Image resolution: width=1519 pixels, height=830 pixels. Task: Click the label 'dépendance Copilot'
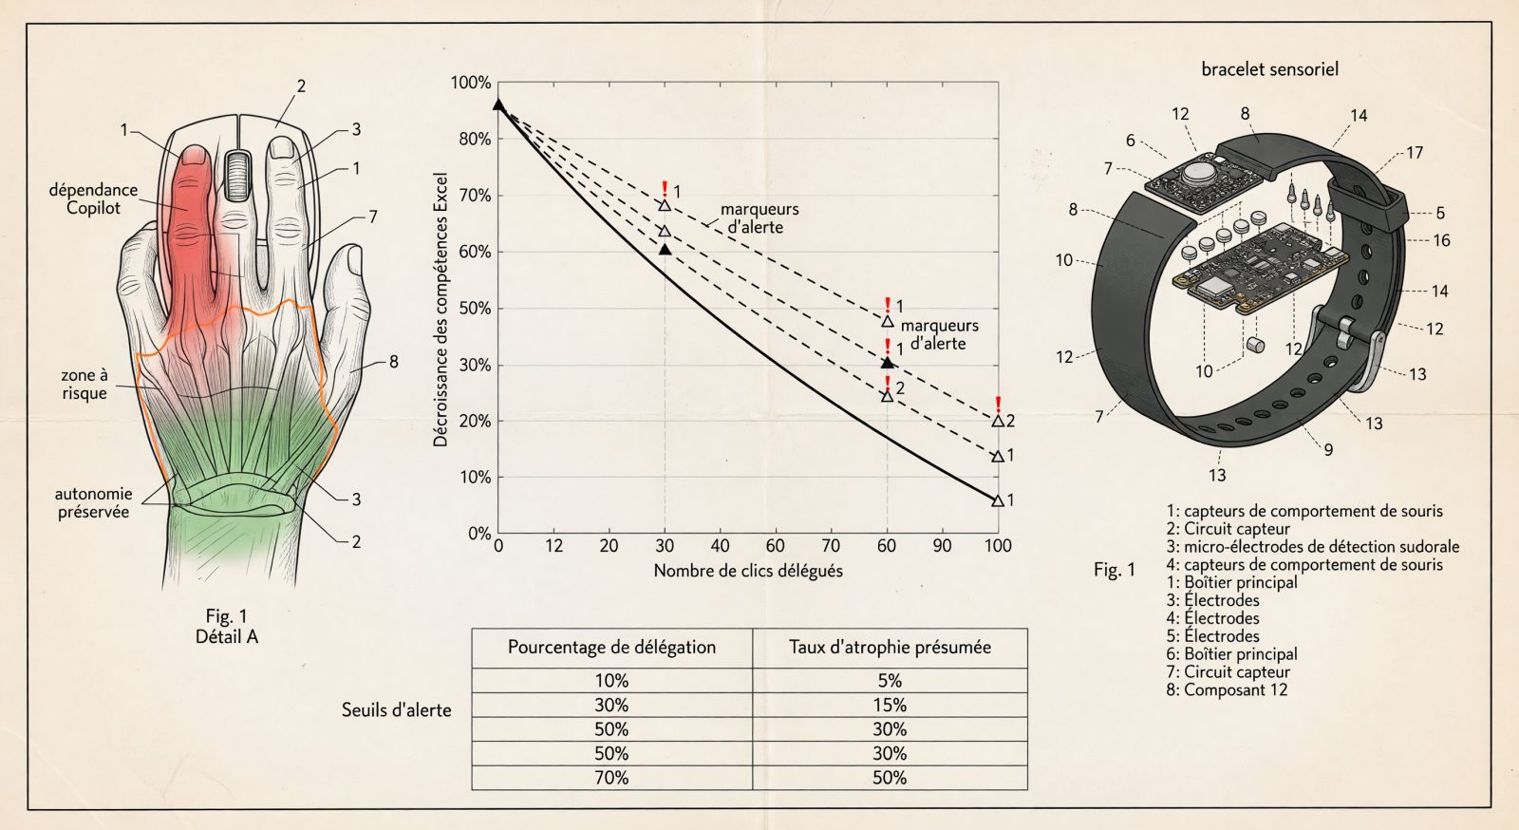[93, 198]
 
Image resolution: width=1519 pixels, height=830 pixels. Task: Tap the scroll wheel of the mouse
[236, 176]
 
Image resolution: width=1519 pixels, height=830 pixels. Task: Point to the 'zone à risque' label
[84, 384]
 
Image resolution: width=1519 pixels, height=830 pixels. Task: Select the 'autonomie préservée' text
[94, 502]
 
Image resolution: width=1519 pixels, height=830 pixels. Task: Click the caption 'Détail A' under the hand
[227, 636]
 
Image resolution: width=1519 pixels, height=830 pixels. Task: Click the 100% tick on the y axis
[471, 83]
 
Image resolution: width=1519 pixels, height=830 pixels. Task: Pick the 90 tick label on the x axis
[942, 546]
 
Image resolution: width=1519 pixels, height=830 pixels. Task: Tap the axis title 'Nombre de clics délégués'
[748, 571]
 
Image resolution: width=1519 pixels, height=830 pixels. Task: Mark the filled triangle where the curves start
[498, 104]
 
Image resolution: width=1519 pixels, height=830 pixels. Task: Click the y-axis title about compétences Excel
[441, 310]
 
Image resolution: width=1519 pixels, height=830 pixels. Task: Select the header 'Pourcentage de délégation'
[611, 647]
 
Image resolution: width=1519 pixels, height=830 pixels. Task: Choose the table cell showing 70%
[611, 777]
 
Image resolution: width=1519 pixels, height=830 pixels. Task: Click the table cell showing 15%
[890, 706]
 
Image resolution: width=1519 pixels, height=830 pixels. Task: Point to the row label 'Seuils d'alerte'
[396, 710]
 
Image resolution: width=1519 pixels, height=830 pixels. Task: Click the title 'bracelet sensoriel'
[1269, 69]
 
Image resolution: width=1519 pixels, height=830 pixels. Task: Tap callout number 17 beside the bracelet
[1414, 153]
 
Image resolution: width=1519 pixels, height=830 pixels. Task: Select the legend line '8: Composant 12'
[1227, 690]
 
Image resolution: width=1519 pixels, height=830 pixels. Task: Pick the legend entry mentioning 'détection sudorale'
[1313, 547]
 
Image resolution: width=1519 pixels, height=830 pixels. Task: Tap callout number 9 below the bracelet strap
[1328, 449]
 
